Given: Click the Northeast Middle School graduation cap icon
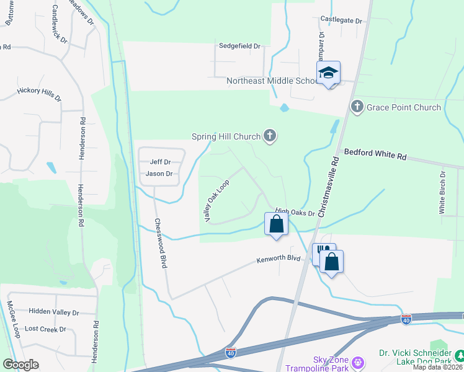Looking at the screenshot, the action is (x=328, y=73).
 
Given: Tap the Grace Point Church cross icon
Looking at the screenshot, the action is (x=357, y=107).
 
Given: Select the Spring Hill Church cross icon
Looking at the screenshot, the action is (x=269, y=135).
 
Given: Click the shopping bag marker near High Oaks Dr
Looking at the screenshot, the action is (x=277, y=224).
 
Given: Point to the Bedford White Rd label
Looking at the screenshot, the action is (x=375, y=154).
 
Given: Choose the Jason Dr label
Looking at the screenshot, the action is (x=159, y=174).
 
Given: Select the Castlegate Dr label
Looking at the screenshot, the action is (x=341, y=20).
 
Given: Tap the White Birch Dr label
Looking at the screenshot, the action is (x=442, y=192).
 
